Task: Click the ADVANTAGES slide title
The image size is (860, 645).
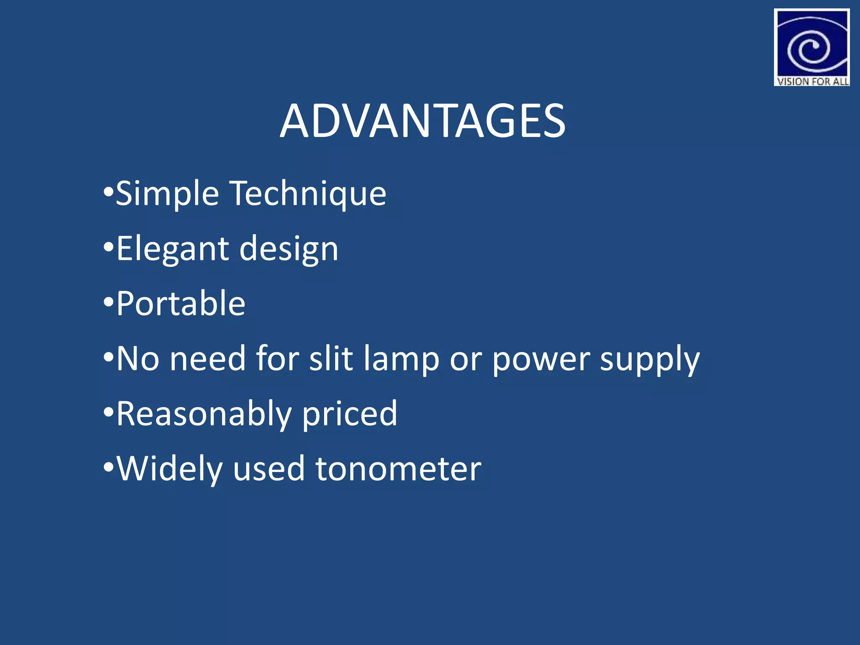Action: (422, 121)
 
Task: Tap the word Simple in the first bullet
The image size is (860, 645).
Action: (167, 193)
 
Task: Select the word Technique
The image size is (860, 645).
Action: (309, 193)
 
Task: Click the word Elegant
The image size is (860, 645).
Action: (172, 249)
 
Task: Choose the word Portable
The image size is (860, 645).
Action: (181, 303)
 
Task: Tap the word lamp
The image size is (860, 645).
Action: (401, 359)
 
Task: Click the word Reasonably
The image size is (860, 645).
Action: (204, 414)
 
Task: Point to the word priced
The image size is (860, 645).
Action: (349, 414)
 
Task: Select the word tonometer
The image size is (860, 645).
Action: (398, 469)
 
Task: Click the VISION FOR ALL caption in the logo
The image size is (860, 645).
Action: (812, 81)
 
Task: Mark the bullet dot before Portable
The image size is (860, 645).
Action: (108, 302)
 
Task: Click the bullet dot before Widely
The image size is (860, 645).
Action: (108, 467)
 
